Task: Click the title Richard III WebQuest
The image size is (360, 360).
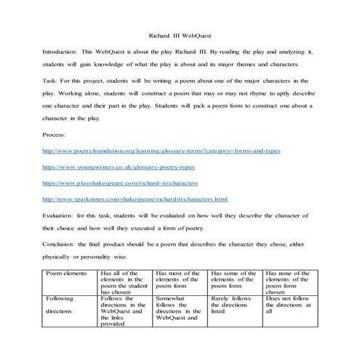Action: (180, 34)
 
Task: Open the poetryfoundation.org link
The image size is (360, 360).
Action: (161, 151)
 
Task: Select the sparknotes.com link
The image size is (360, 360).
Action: (135, 199)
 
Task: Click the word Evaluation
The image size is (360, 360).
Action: (60, 216)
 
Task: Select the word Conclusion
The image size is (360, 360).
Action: (60, 244)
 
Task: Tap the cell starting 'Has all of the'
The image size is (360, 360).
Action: (124, 281)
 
